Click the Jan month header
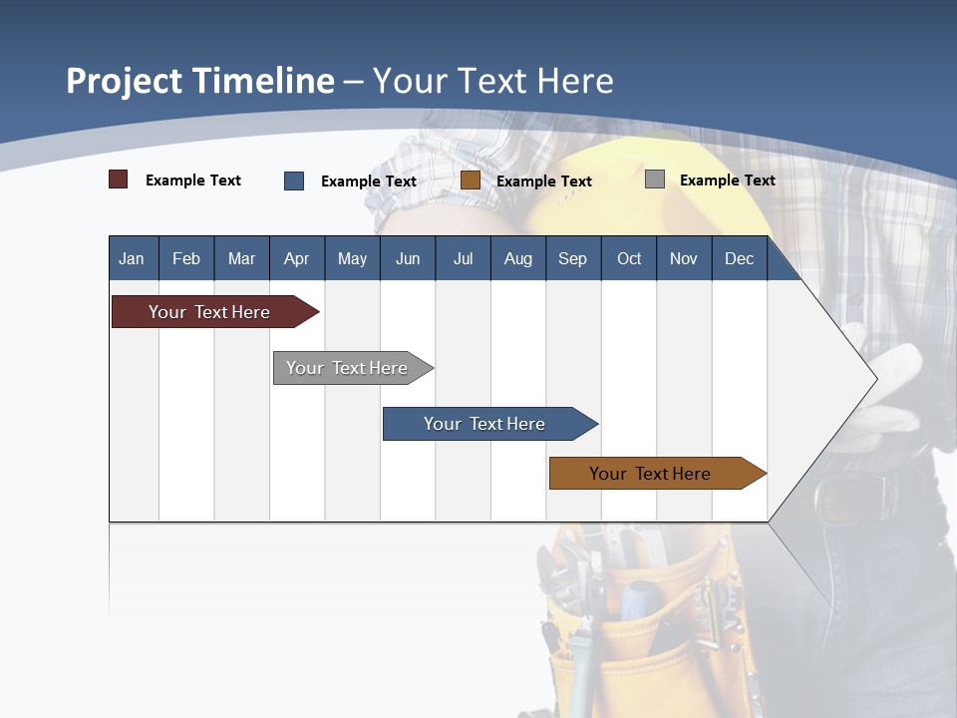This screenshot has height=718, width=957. point(133,258)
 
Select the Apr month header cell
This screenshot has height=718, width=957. point(297,258)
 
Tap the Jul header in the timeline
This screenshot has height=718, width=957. point(463,258)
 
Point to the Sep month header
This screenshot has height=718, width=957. point(572,258)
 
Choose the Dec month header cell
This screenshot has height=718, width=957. point(739,258)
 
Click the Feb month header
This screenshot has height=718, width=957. point(186,258)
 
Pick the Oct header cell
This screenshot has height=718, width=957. point(629,258)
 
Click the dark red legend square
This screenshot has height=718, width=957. point(119,179)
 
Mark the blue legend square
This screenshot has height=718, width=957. point(294,180)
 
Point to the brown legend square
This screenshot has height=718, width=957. point(471,180)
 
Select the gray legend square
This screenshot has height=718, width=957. point(655,179)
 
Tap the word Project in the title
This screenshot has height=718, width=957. point(124,81)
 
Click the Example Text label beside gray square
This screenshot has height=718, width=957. point(727,180)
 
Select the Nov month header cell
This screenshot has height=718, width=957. point(684,258)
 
